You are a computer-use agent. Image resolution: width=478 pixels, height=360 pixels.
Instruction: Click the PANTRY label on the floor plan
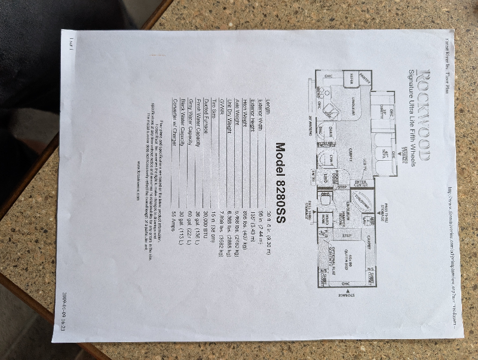pos(364,78)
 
